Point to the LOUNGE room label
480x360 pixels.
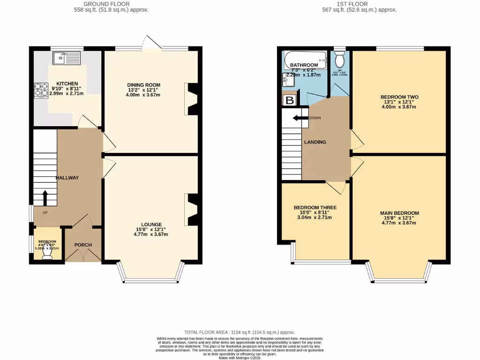150,225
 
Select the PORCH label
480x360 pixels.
83,245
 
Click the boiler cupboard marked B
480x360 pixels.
290,100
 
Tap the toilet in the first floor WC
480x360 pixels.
340,60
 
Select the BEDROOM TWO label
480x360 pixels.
399,97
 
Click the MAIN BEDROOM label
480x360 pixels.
399,213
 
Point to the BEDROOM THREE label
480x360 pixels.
315,207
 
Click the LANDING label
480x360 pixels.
315,142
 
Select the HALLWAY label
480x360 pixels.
67,178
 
